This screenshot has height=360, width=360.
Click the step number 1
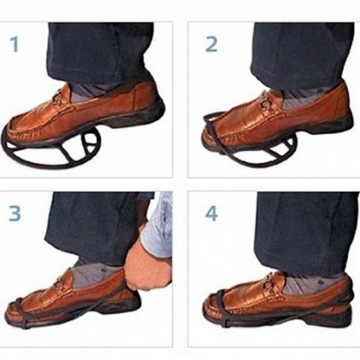15,44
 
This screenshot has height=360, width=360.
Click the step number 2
211,44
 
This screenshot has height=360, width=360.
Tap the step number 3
15,213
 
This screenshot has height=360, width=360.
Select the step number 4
211,213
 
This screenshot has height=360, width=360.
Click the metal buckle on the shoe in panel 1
58,97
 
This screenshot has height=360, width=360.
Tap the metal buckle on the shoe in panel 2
266,104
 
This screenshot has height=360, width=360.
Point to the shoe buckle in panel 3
61,281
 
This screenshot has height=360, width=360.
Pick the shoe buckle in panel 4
270,285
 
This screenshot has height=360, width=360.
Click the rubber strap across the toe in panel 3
21,313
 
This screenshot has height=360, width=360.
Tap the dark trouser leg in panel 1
101,53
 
